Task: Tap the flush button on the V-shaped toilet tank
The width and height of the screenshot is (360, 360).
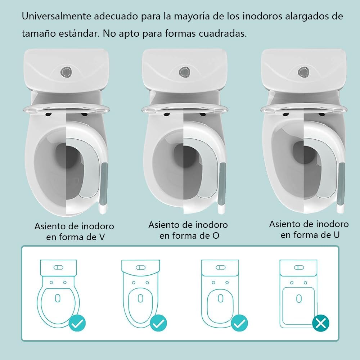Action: [x=66, y=72]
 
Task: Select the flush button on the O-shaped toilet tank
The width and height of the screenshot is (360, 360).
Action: [x=185, y=72]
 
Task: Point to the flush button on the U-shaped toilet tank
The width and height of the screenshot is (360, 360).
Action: [x=303, y=72]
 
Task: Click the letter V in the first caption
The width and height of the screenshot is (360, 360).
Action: [x=102, y=237]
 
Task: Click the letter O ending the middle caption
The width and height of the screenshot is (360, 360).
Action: [x=216, y=235]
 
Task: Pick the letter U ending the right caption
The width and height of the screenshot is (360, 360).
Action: [x=336, y=235]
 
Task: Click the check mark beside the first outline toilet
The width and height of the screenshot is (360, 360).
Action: [x=77, y=323]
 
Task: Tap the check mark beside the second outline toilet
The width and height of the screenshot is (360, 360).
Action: [x=158, y=323]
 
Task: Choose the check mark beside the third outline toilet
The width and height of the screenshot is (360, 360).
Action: [x=239, y=323]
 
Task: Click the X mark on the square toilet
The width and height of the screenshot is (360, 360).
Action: [x=321, y=323]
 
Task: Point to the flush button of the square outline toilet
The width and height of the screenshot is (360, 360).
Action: [x=299, y=267]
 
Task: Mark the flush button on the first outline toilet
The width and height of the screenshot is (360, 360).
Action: [x=58, y=267]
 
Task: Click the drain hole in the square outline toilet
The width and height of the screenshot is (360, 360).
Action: [x=299, y=298]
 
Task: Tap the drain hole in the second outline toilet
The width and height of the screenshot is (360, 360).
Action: [x=140, y=298]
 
